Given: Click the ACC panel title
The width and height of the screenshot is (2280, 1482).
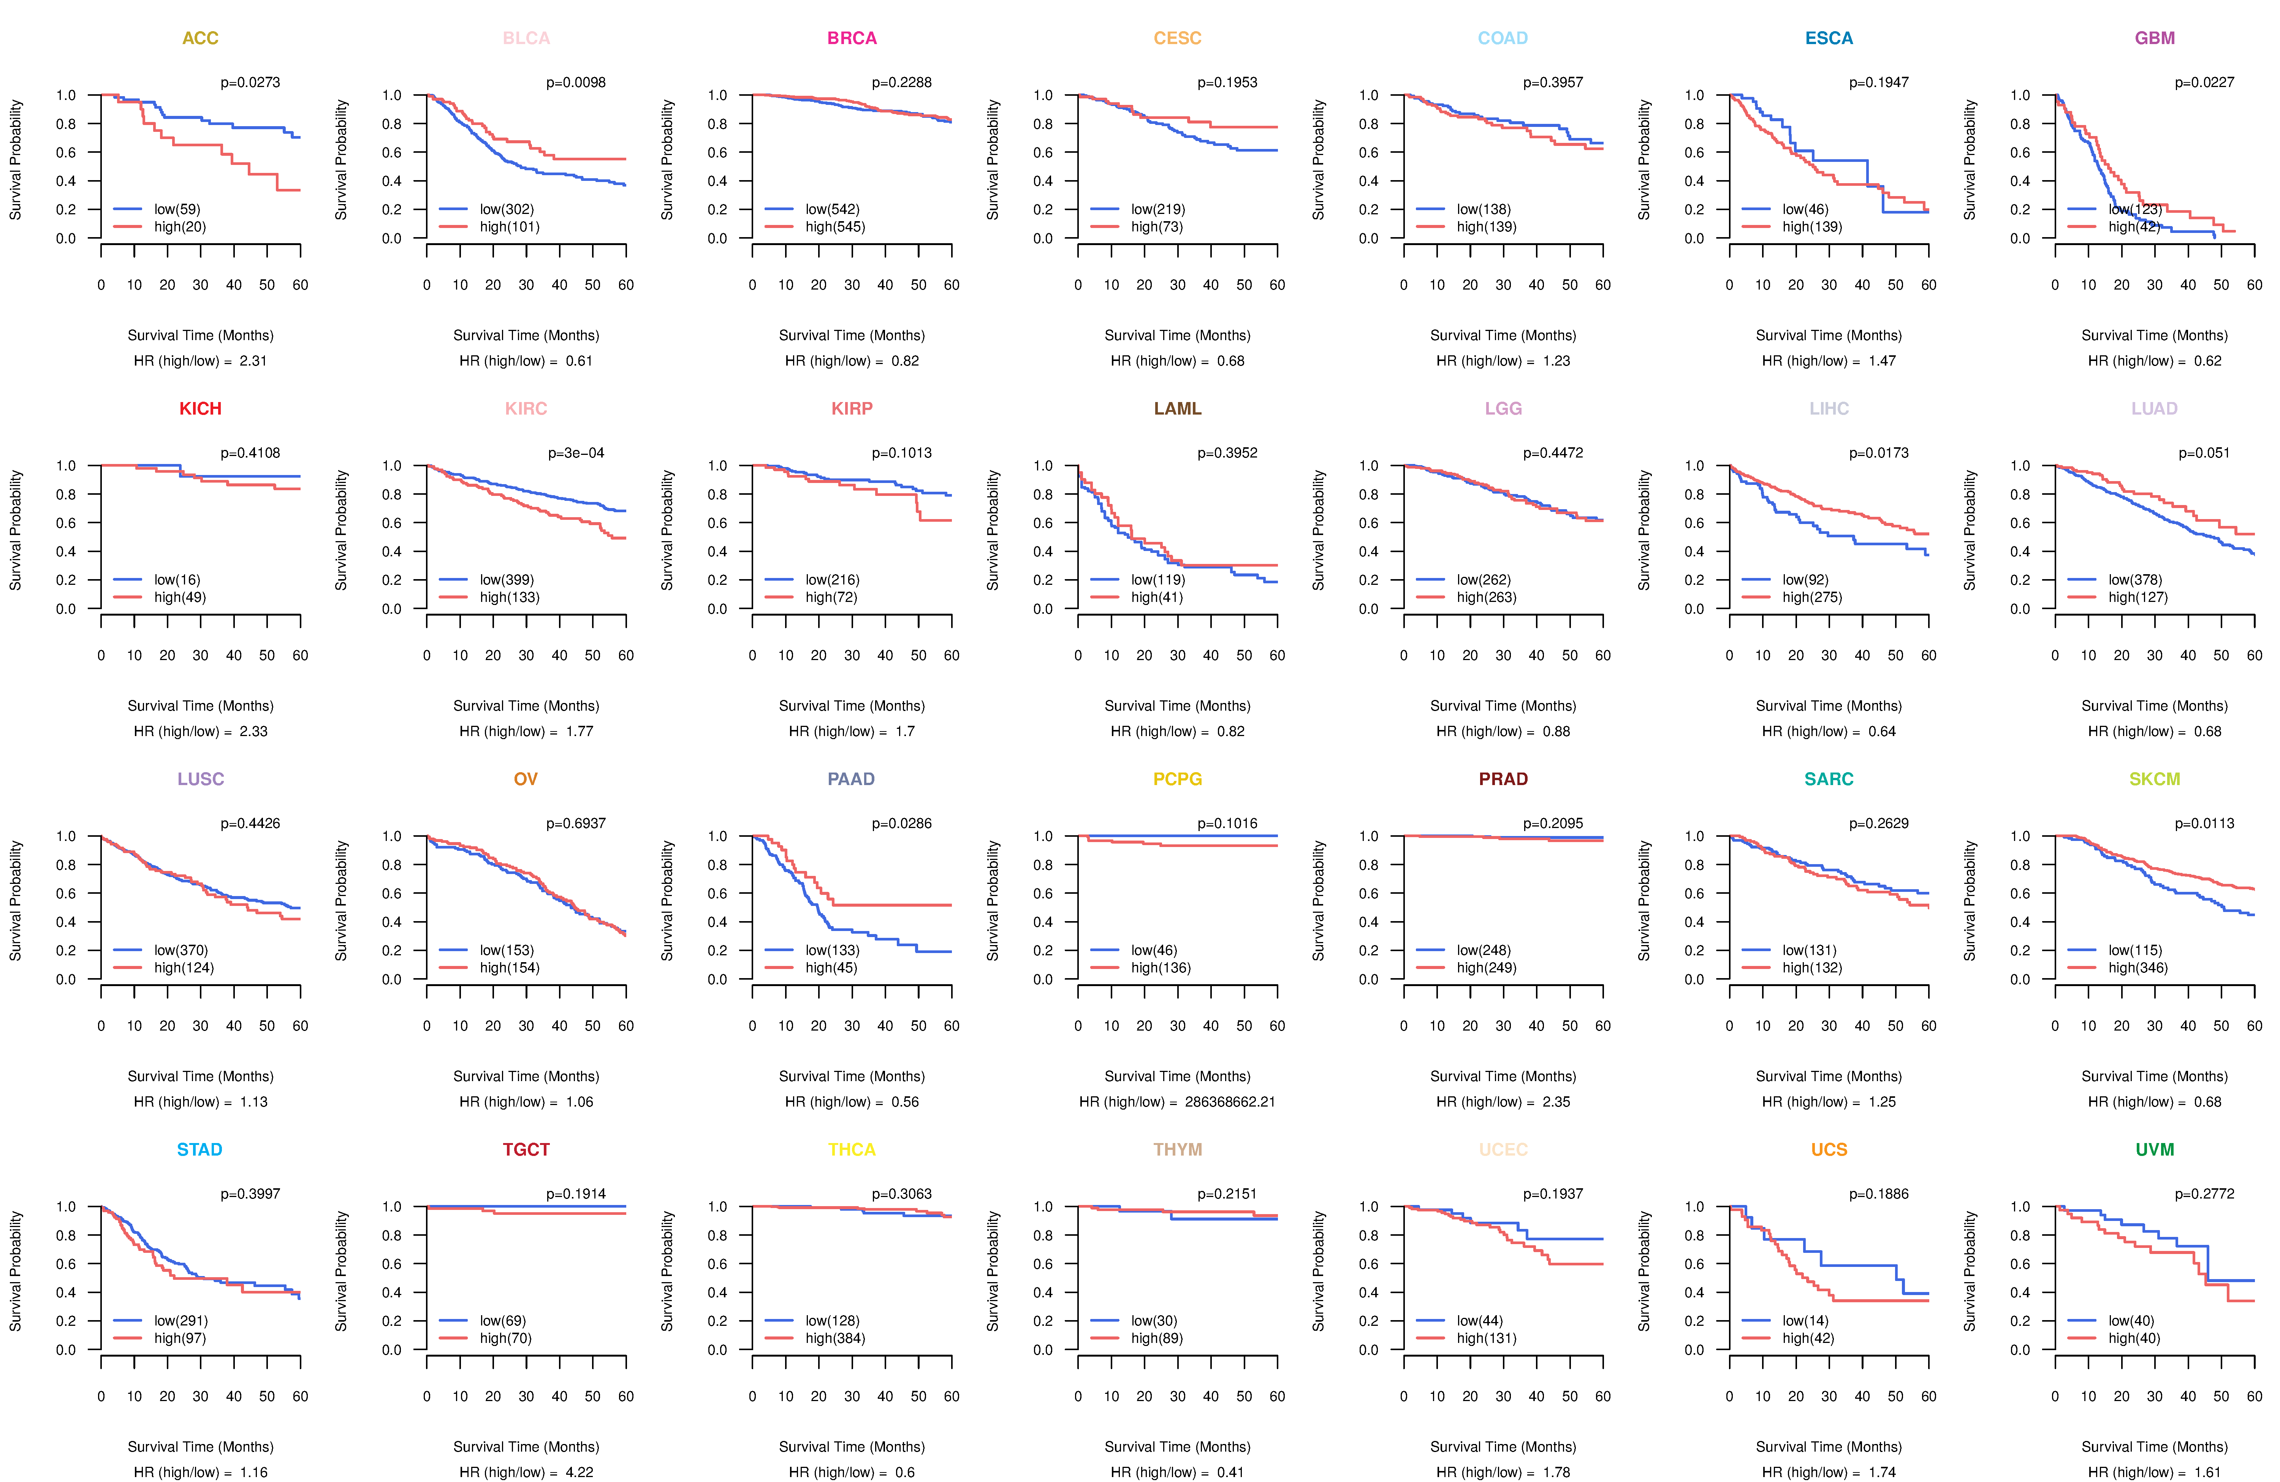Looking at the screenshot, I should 200,38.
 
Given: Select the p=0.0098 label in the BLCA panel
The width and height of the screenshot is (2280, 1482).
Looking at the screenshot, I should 576,82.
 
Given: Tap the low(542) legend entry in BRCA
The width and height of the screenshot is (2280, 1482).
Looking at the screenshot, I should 831,209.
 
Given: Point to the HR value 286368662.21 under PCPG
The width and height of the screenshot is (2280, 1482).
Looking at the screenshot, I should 1229,1102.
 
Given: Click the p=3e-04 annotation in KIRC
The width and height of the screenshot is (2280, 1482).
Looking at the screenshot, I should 576,453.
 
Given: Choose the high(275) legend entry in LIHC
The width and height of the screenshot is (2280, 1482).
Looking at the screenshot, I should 1811,597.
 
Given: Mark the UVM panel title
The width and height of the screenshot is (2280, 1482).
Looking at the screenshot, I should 2155,1149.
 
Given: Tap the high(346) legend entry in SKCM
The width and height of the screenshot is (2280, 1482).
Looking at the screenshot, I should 2137,967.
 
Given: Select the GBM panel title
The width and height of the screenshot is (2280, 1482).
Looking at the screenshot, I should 2155,38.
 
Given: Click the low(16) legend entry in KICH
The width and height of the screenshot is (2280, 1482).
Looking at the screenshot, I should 176,579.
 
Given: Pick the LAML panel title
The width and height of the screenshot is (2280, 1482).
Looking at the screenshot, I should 1177,409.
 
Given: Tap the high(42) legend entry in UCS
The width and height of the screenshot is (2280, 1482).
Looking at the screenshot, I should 1808,1338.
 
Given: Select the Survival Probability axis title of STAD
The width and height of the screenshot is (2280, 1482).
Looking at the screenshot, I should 15,1271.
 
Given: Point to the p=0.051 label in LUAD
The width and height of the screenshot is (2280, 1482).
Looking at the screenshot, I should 2204,453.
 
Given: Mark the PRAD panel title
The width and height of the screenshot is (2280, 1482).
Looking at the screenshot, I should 1503,779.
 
